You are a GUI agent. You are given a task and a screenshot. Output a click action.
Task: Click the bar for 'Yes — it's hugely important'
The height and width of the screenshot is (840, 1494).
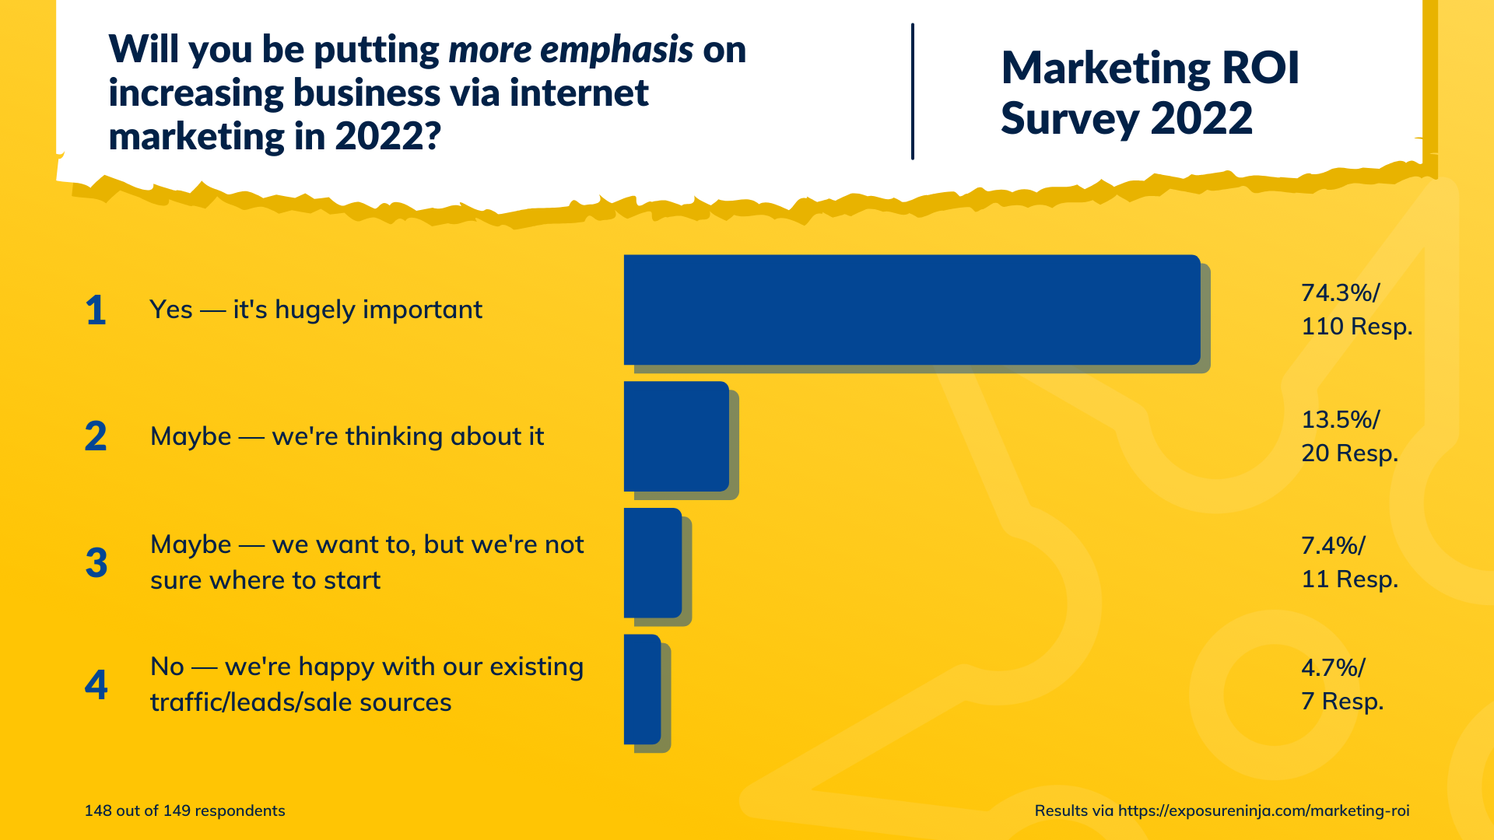(910, 310)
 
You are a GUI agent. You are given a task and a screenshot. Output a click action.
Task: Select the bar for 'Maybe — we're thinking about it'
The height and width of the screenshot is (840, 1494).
(675, 436)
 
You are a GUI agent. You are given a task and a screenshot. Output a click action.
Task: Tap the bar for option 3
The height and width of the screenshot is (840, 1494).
(652, 562)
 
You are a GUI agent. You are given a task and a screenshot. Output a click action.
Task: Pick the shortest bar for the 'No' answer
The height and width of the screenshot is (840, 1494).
(642, 689)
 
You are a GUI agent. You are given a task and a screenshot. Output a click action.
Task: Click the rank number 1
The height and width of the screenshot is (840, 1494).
(96, 310)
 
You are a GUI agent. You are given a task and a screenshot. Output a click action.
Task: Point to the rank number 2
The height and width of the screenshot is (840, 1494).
(96, 436)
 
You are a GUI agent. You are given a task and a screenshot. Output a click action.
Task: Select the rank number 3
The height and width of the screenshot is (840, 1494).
(96, 563)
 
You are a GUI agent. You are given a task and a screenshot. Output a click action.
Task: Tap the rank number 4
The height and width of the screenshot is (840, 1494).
(96, 685)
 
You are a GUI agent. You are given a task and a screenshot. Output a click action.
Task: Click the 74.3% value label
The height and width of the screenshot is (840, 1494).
(1340, 293)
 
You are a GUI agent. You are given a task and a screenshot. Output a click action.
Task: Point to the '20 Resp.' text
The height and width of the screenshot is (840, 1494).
(1349, 453)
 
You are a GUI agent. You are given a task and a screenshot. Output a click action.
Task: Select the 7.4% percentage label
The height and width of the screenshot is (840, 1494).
(1333, 546)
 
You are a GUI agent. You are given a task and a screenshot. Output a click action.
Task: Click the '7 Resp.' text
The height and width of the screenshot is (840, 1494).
(1342, 702)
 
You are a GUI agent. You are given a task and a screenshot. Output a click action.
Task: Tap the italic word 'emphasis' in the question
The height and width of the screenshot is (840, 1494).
(616, 51)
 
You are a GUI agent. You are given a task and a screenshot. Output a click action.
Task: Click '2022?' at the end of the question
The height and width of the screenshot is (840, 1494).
(388, 137)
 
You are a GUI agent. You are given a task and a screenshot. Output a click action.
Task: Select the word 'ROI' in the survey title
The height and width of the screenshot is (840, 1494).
(1260, 68)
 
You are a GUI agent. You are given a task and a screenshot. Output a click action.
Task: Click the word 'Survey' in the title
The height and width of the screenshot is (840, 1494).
(1070, 119)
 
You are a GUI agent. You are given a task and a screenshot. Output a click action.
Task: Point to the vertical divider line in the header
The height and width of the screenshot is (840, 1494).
(912, 92)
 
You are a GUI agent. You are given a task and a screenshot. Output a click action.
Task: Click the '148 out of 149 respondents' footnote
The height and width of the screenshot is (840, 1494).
(184, 810)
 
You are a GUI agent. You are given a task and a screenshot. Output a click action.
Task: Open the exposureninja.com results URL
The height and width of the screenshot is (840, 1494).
(1263, 810)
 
